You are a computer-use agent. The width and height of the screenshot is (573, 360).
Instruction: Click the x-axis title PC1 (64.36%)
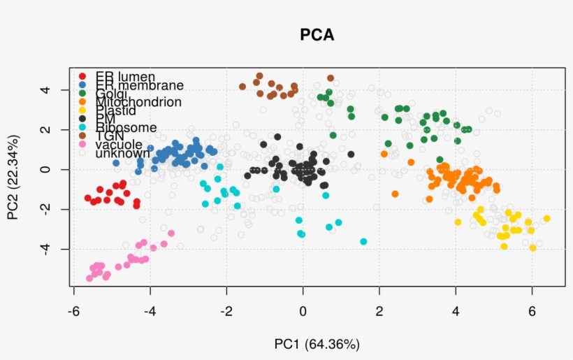[x=317, y=344]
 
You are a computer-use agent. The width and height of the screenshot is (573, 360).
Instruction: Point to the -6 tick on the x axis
[x=73, y=310]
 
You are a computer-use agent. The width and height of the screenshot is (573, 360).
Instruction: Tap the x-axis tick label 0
[x=303, y=310]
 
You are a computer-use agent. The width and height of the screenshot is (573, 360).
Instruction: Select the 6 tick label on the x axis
[x=532, y=310]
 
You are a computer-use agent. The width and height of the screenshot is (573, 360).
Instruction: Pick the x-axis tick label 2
[x=379, y=310]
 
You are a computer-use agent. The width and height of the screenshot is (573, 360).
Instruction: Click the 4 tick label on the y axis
[x=43, y=89]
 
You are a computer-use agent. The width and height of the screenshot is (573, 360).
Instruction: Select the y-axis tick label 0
[x=43, y=169]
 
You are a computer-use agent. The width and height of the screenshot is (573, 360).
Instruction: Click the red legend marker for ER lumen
[x=82, y=76]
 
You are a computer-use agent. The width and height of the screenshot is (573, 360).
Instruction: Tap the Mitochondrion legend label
[x=138, y=102]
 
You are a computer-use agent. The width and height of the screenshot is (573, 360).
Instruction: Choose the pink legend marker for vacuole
[x=82, y=144]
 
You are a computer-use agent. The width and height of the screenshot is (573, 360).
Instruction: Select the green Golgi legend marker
[x=82, y=94]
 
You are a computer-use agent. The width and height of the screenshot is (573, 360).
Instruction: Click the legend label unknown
[x=122, y=152]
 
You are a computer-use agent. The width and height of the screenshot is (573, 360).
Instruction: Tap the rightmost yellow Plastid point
[x=546, y=219]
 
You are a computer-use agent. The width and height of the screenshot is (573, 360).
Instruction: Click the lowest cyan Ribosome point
[x=363, y=241]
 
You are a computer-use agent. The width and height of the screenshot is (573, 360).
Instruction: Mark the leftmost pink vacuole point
[x=89, y=278]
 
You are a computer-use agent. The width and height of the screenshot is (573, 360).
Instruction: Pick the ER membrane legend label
[x=140, y=85]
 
